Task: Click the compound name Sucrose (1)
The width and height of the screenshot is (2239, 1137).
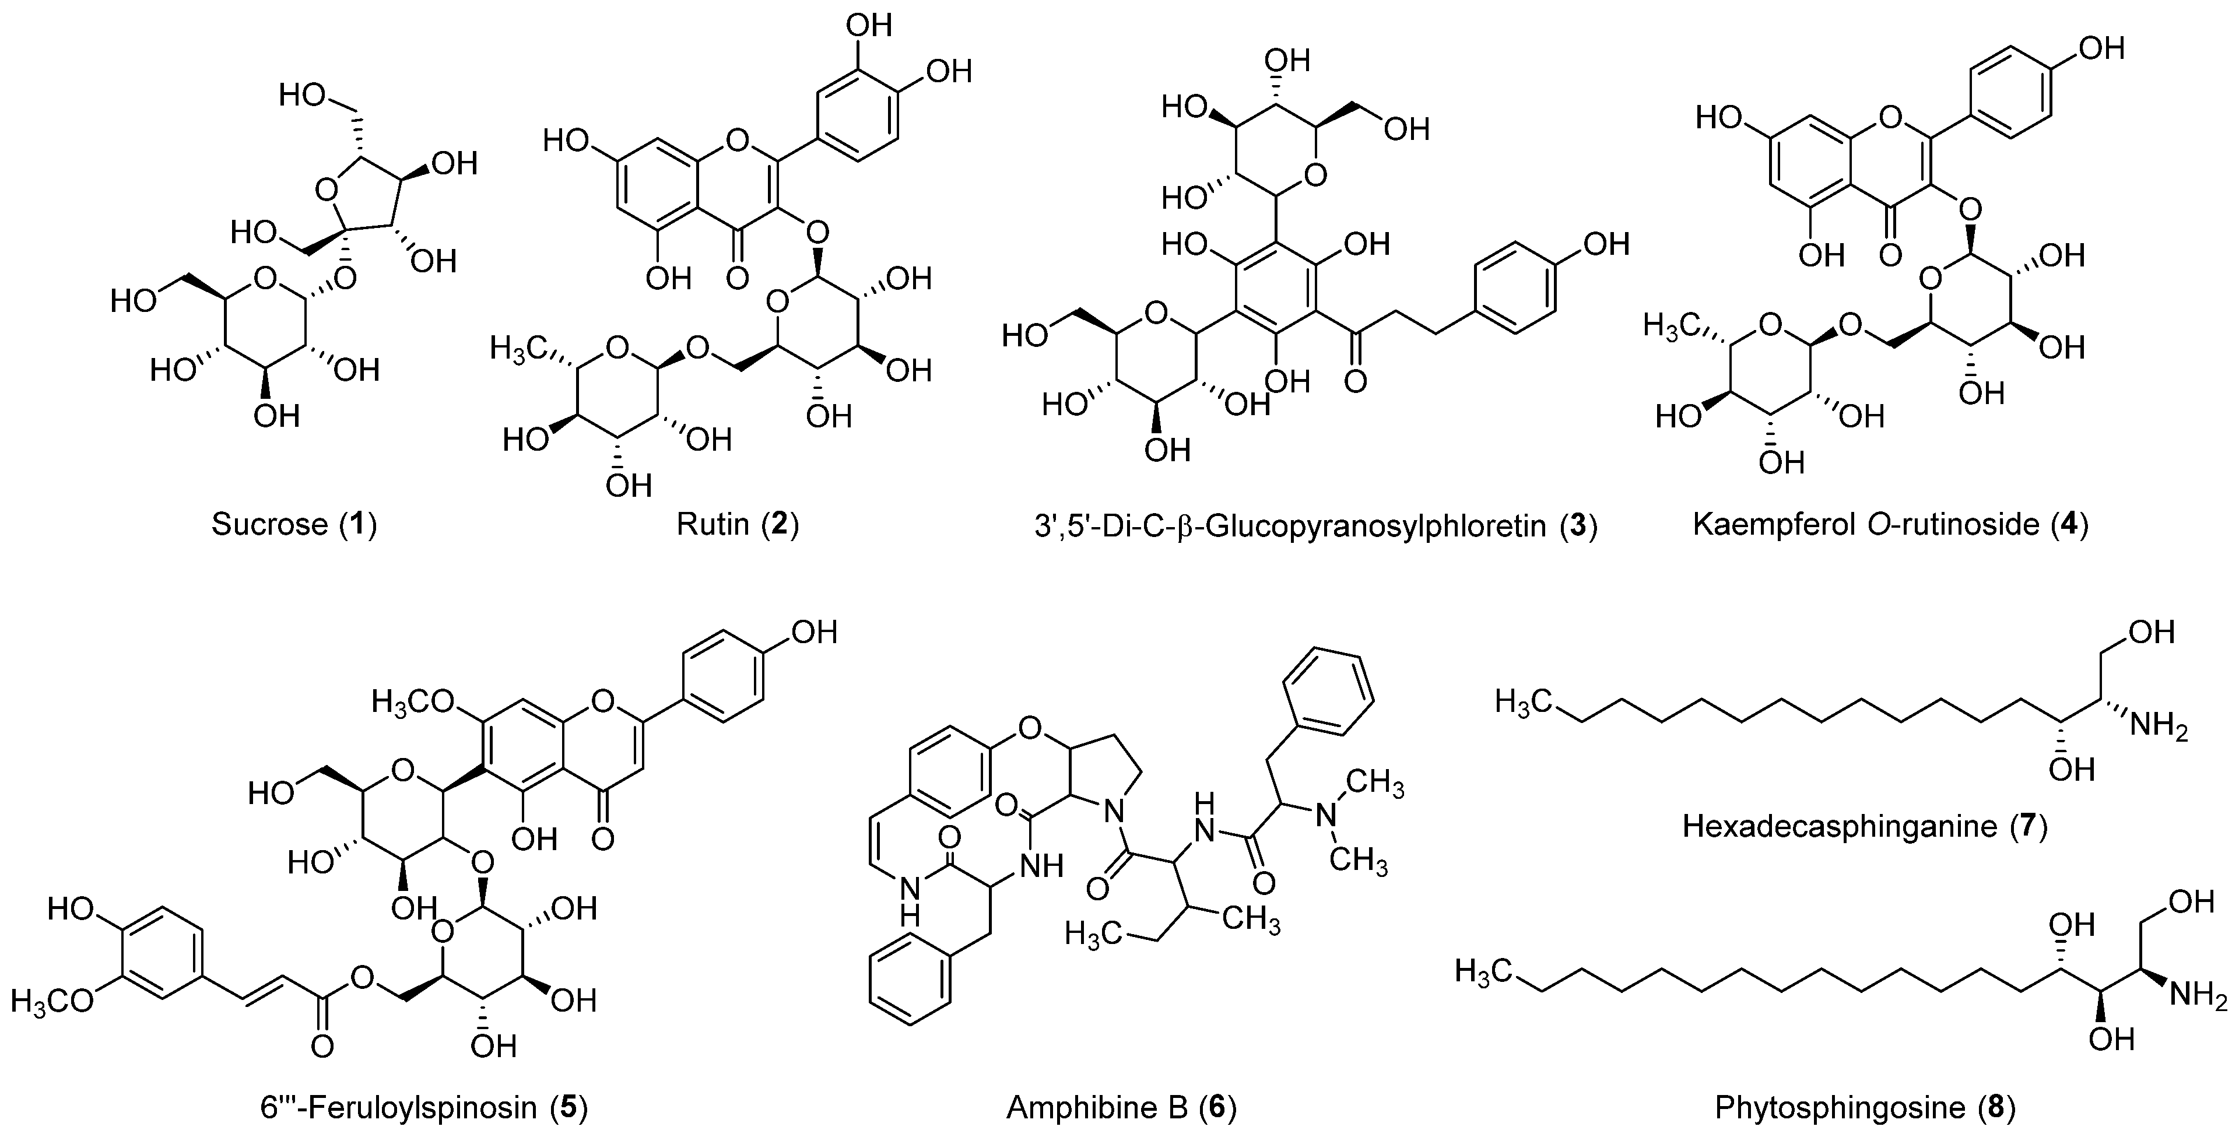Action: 294,524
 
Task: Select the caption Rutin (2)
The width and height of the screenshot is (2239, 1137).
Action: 737,524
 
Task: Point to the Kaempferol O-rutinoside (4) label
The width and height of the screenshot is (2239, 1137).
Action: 1890,524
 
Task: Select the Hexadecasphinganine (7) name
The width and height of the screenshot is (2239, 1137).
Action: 1865,825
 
